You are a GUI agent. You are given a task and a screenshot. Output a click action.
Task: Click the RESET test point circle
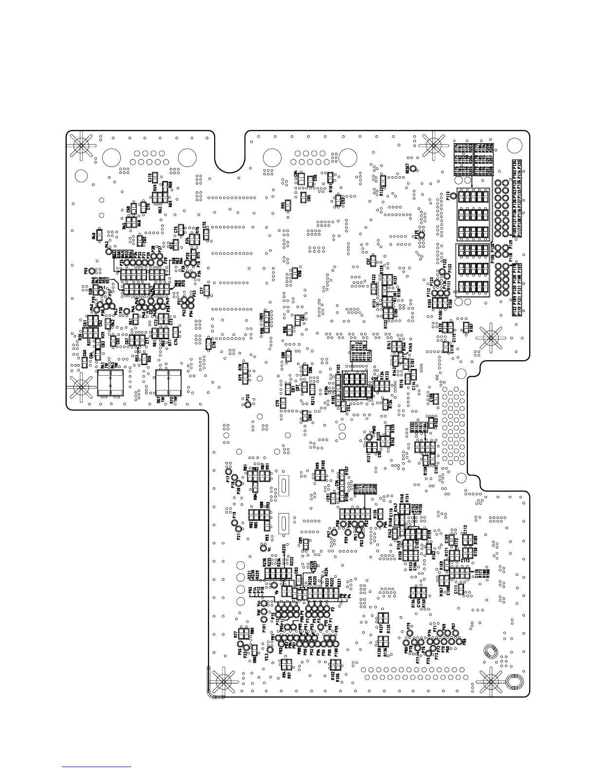(x=413, y=169)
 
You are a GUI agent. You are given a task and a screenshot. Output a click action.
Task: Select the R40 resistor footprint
(x=99, y=236)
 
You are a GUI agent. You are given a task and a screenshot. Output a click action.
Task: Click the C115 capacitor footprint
(x=154, y=177)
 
